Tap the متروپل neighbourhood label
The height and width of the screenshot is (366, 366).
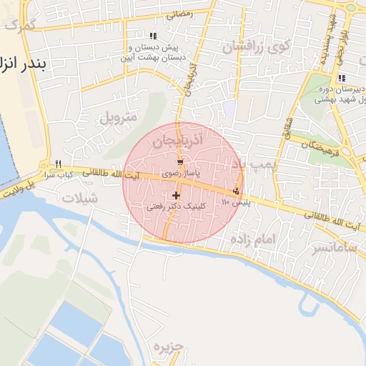coord(116,117)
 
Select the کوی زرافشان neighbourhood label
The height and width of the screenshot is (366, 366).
coord(255,48)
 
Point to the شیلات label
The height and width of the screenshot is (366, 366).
coord(80,199)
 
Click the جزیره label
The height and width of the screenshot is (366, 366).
coord(168,347)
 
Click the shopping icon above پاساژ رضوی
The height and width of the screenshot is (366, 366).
coord(179,162)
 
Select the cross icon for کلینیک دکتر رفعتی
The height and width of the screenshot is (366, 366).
coord(176,195)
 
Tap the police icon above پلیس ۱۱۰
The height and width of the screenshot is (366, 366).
coord(236,191)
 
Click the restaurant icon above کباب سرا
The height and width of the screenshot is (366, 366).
coord(58,164)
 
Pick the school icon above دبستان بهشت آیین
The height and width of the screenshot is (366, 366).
coord(153,36)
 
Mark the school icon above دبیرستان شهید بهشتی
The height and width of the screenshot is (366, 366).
coord(342,78)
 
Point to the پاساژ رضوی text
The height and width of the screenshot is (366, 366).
coord(179,173)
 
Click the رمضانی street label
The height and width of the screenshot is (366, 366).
coord(179,14)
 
